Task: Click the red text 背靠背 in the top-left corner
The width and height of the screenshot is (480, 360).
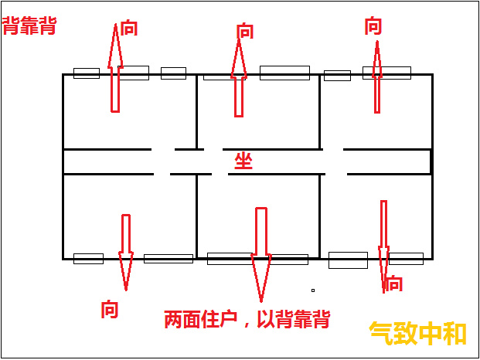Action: coord(29,26)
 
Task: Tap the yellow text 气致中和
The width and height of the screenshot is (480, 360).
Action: coord(418,334)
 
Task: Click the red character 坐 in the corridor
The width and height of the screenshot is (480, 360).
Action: coord(243,161)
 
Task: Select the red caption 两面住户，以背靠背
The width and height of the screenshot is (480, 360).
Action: coord(247,319)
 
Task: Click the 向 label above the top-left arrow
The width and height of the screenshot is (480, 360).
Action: coord(129,28)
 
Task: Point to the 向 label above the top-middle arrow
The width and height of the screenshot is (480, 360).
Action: coord(245,31)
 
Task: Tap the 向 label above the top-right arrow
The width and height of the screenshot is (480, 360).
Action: coord(373,26)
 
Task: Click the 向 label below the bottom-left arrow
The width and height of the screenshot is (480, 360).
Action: coord(110,309)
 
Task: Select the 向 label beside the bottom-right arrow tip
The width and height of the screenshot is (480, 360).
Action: coord(393,283)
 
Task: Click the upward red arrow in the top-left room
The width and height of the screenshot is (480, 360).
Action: coord(115,68)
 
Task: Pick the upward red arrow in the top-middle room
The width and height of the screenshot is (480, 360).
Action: coord(239,78)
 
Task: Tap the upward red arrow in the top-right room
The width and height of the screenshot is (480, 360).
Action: coord(377,77)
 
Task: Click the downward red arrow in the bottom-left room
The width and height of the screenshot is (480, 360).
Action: coord(126,253)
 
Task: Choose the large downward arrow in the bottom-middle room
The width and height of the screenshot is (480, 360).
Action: coord(261,255)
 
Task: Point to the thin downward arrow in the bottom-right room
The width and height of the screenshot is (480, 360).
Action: coord(383,246)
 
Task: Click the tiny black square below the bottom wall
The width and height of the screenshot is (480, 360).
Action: coord(313,290)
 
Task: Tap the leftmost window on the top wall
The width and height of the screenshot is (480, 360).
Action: coord(87,73)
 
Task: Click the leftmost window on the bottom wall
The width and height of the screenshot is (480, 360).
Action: coord(88,259)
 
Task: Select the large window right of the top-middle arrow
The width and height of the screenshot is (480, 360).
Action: coord(284,73)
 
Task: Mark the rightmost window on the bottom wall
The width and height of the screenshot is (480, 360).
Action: coord(407,259)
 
